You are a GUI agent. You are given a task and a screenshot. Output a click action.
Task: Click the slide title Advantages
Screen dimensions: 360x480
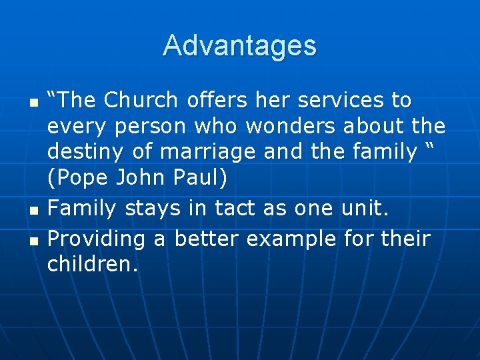(239, 46)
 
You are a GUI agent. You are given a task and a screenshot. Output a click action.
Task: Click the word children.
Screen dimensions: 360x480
(92, 265)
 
